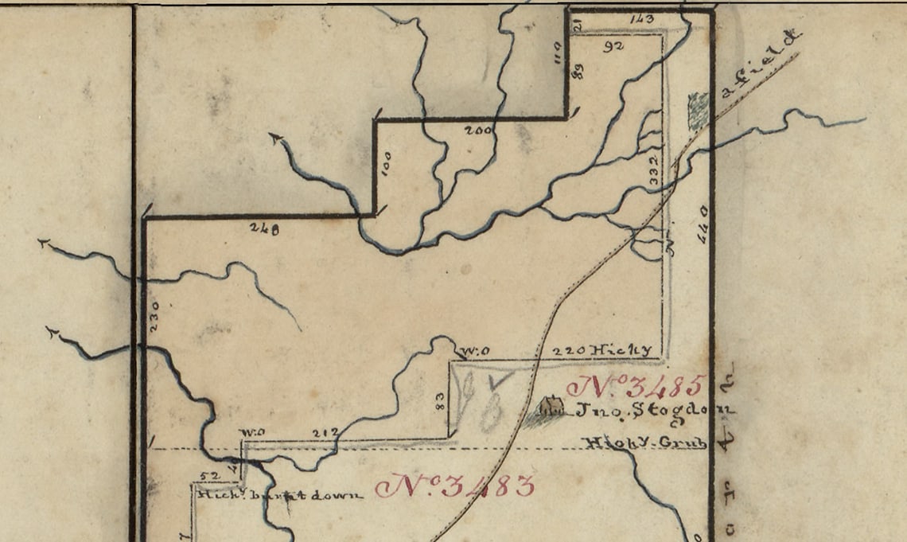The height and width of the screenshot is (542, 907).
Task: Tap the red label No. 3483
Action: pyautogui.click(x=455, y=485)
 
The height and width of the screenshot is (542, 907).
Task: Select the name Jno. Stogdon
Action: pyautogui.click(x=652, y=411)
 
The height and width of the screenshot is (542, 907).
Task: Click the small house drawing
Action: pyautogui.click(x=551, y=407)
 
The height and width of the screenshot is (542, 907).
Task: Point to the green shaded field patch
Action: pyautogui.click(x=698, y=111)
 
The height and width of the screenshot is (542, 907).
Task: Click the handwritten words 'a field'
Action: pyautogui.click(x=759, y=64)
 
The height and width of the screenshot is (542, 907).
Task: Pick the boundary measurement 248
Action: pyautogui.click(x=263, y=229)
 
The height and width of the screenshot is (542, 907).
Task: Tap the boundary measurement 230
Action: pyautogui.click(x=155, y=316)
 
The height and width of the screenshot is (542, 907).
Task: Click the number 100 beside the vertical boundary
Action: pyautogui.click(x=387, y=162)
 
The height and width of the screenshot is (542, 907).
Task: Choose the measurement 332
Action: pyautogui.click(x=654, y=171)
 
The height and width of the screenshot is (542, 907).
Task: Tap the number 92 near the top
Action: pyautogui.click(x=613, y=46)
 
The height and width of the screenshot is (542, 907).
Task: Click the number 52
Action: pyautogui.click(x=208, y=475)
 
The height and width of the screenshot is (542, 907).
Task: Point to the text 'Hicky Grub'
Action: pyautogui.click(x=644, y=443)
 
